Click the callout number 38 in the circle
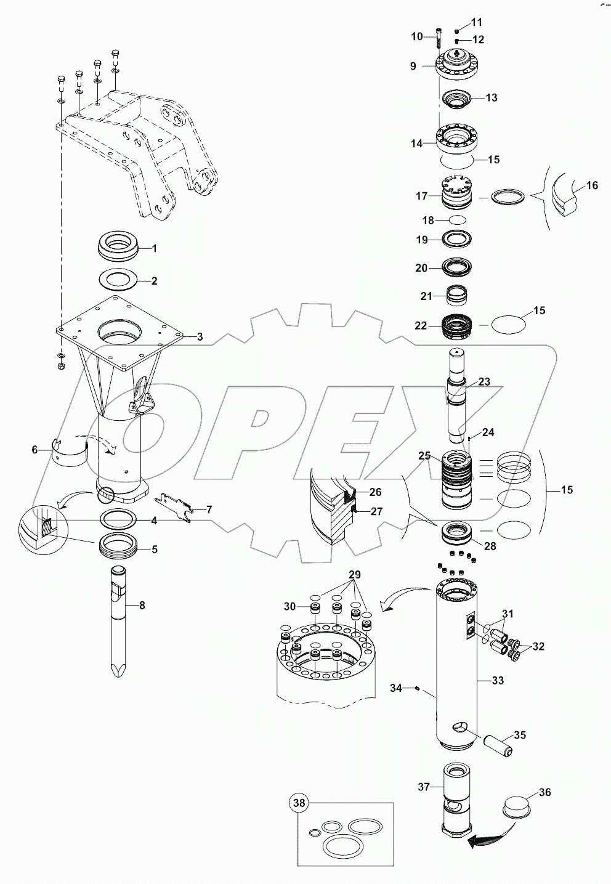tap(299, 803)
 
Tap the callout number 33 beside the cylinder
tap(498, 681)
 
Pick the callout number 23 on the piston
tap(484, 382)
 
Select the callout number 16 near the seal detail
tap(592, 185)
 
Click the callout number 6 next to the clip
tap(34, 450)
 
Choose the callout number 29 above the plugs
tap(354, 575)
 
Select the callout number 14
tap(417, 144)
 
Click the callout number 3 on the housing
tap(200, 336)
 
